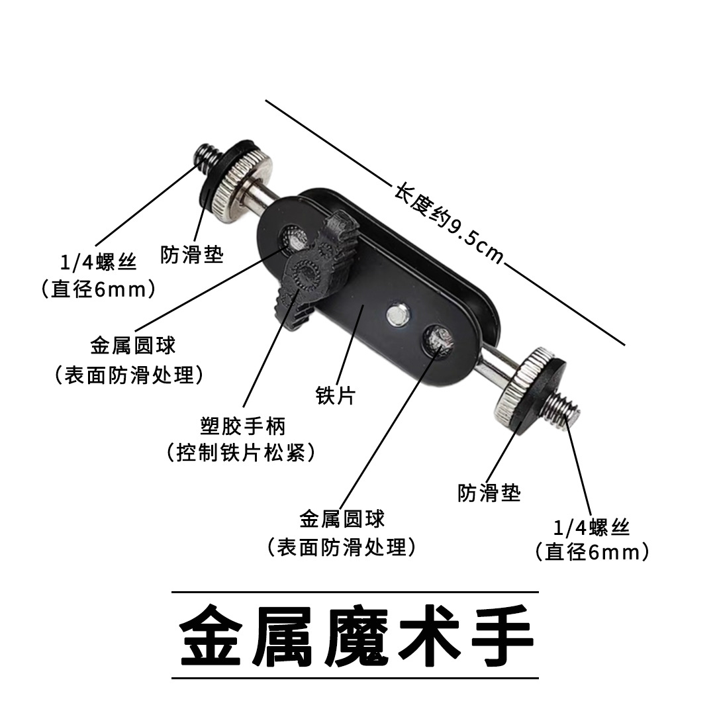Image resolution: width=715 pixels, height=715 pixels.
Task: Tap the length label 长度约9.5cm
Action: pos(449,224)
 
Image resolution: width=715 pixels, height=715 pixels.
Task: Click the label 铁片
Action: pos(336,395)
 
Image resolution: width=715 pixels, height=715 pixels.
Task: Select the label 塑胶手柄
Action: pos(243,426)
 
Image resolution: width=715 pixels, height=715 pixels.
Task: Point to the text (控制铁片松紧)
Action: pos(241,452)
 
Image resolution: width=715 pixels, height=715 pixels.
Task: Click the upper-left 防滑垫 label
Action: pos(191,254)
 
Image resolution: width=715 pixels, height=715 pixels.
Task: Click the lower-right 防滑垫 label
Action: pos(489,493)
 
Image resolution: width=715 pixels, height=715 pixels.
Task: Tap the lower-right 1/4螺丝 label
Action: pos(591,528)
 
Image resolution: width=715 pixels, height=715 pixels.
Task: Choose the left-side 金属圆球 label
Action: pos(132,346)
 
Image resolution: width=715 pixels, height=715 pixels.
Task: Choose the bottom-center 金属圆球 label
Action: pos(342,519)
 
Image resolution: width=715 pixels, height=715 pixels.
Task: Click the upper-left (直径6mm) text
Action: pos(99,289)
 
